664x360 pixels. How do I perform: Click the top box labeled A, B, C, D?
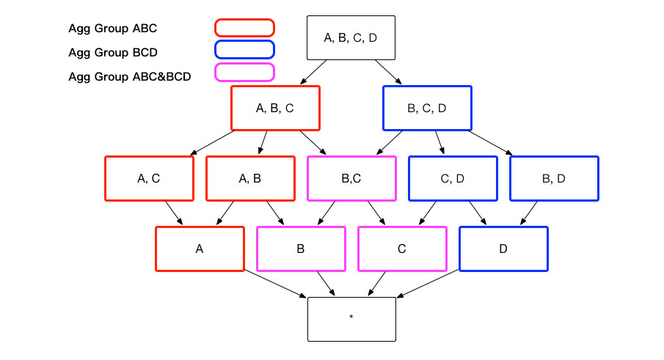350,37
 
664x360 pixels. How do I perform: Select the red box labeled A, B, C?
275,109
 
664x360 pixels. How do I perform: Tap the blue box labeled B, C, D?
427,109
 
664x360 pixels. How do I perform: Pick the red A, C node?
149,178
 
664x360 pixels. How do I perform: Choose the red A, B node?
250,178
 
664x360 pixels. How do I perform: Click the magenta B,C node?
351,178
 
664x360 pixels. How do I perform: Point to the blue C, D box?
453,178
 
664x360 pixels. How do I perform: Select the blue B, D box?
554,178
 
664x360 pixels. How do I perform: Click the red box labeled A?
200,249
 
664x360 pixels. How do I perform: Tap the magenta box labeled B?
301,249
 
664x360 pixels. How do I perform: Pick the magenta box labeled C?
402,249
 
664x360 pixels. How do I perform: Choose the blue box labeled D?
503,249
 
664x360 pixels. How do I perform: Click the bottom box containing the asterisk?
351,319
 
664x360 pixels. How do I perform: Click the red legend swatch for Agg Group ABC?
244,28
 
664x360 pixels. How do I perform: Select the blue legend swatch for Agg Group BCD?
244,50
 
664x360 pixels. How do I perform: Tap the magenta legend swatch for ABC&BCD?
244,72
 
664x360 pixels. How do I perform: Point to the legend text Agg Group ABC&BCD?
130,76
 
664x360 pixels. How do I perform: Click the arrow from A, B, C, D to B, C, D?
388,73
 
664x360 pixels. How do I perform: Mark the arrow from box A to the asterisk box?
275,284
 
